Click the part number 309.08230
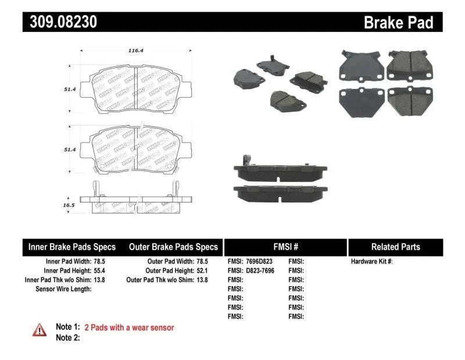click(x=60, y=22)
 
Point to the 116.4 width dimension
click(x=135, y=51)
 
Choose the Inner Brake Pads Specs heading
click(x=72, y=247)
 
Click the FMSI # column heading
click(x=285, y=247)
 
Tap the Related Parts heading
click(x=395, y=247)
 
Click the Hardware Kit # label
click(x=371, y=262)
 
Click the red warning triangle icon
click(x=39, y=329)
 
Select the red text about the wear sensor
click(x=129, y=327)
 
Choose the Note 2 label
click(x=67, y=337)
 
